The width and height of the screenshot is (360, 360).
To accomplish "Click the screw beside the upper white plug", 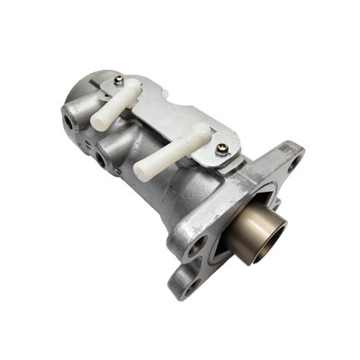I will click(119, 80).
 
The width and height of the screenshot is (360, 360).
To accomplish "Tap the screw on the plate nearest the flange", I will click(222, 149).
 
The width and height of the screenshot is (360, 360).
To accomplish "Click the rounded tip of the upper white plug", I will click(136, 86).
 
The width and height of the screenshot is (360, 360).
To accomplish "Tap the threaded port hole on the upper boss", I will click(68, 118).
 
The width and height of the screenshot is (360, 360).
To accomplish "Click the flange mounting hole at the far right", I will click(294, 164).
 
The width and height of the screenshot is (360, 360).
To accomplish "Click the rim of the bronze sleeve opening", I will click(279, 229).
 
